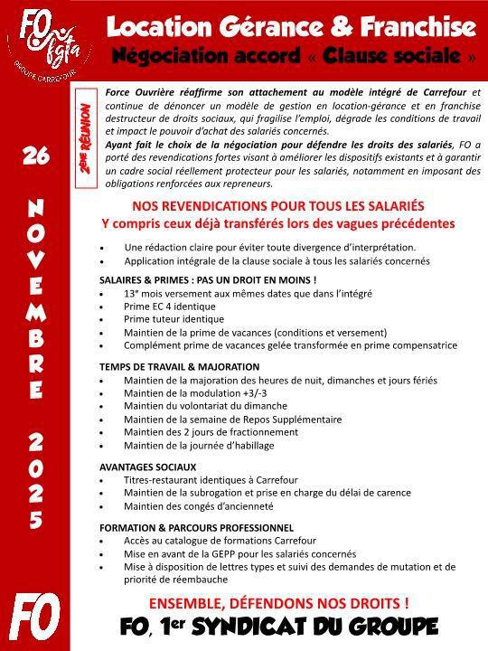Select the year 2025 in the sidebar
coord(35,480)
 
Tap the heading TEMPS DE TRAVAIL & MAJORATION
coord(179,367)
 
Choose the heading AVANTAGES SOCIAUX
coord(148,467)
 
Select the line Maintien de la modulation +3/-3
coord(203,393)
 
